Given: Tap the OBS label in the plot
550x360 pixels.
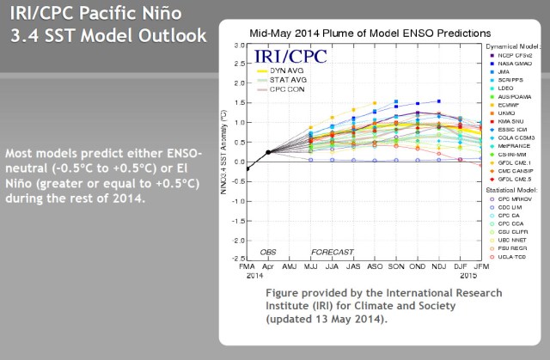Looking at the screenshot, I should coord(268,251).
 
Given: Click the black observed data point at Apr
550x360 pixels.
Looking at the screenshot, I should coord(268,152).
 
